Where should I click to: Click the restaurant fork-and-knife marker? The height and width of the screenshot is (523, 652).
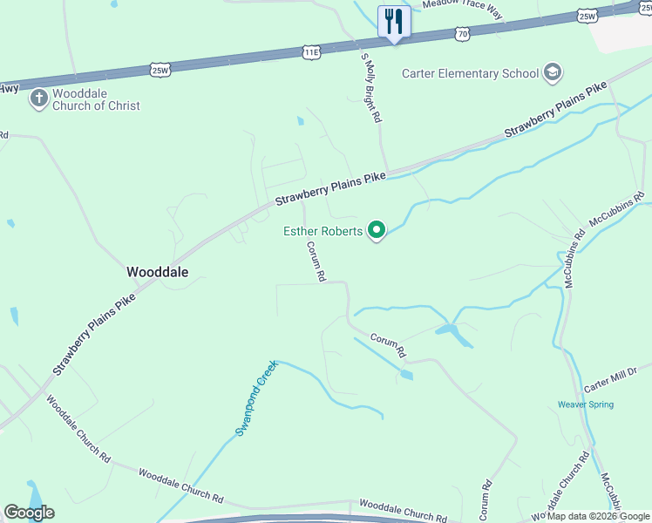(394, 20)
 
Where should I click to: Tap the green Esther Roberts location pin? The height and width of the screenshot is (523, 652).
(377, 230)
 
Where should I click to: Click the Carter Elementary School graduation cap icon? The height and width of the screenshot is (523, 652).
(552, 72)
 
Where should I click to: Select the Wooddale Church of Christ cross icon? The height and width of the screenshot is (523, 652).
(38, 98)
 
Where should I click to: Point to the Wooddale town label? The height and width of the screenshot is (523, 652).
(158, 271)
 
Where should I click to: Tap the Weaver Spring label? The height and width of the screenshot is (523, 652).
(586, 404)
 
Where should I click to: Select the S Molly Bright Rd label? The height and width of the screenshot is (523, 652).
(371, 87)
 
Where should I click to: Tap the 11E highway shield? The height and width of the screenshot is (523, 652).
(312, 53)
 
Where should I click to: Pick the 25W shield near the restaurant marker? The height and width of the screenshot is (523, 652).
(587, 16)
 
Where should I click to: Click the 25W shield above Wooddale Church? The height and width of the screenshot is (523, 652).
(159, 71)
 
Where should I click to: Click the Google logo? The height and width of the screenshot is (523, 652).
(29, 513)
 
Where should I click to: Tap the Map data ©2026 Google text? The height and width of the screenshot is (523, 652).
(598, 516)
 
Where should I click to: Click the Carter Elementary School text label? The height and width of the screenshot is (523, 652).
(470, 73)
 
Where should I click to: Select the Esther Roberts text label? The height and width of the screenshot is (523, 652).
(324, 231)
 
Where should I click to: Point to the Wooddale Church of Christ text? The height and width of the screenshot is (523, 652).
(96, 99)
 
